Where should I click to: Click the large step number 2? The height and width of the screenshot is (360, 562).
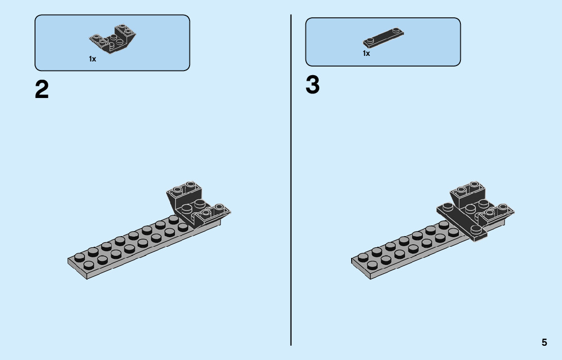42,90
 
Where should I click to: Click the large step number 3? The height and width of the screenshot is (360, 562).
313,85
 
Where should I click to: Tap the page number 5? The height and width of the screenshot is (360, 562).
544,342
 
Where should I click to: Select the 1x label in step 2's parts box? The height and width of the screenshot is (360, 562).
92,59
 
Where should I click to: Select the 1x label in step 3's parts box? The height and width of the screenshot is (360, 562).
366,53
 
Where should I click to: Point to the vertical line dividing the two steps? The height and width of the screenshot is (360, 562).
291,178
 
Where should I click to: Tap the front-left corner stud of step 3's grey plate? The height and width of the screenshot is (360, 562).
362,257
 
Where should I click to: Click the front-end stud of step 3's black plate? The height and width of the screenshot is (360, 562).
476,229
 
